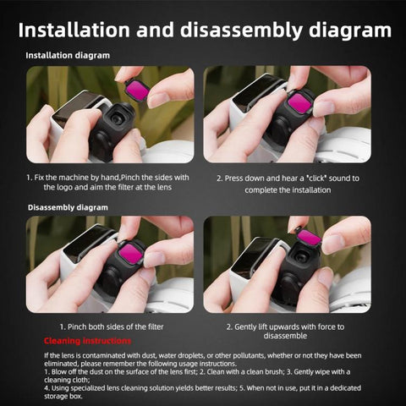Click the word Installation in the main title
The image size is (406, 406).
click(83, 30)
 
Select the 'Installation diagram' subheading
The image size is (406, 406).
click(68, 56)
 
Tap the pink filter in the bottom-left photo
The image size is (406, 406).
click(132, 252)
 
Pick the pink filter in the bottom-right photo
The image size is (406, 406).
click(309, 238)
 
